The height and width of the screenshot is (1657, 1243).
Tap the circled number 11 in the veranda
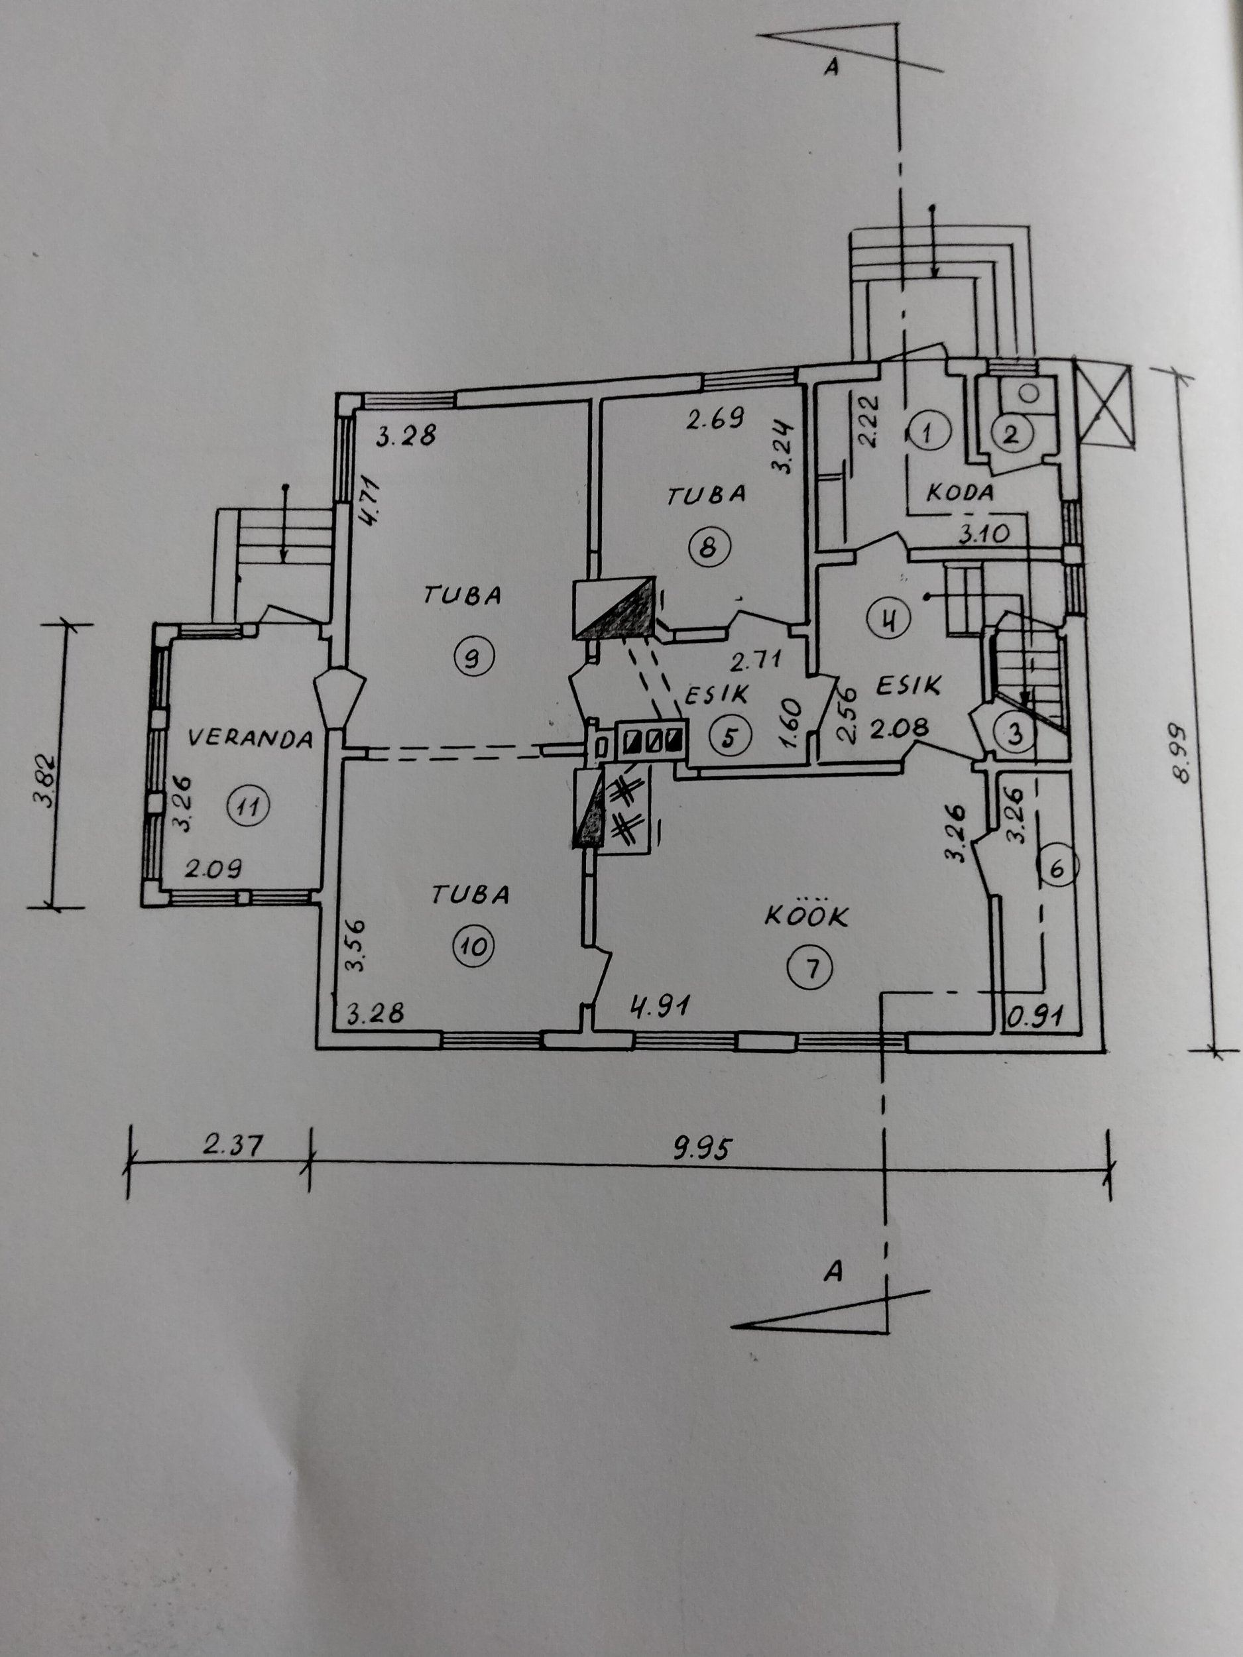coord(247,807)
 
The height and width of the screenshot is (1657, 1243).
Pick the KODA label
coord(960,492)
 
